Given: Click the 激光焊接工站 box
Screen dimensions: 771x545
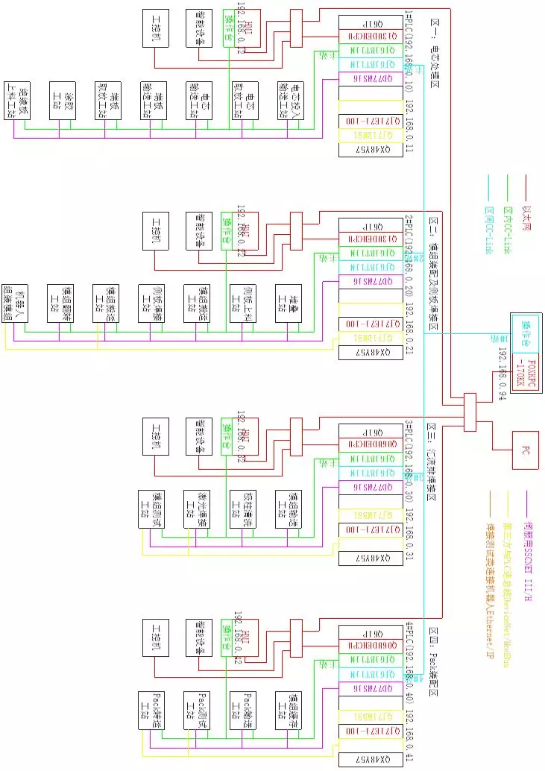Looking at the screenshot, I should pyautogui.click(x=198, y=509).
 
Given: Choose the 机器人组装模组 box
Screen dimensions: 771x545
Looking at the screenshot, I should pyautogui.click(x=16, y=303).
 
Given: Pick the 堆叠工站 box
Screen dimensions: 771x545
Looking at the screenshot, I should pyautogui.click(x=289, y=303).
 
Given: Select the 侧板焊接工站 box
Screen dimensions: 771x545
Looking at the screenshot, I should pyautogui.click(x=153, y=303).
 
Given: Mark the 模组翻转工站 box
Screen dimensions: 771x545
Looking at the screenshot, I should pyautogui.click(x=62, y=303).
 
